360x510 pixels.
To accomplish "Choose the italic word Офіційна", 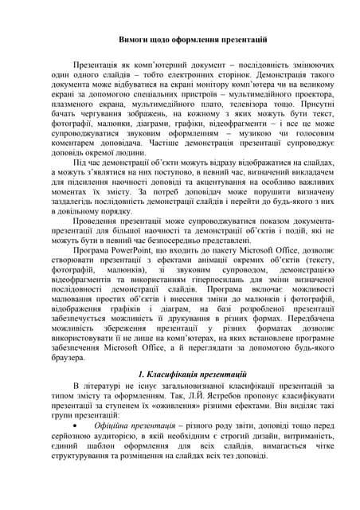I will [x=111, y=426].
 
